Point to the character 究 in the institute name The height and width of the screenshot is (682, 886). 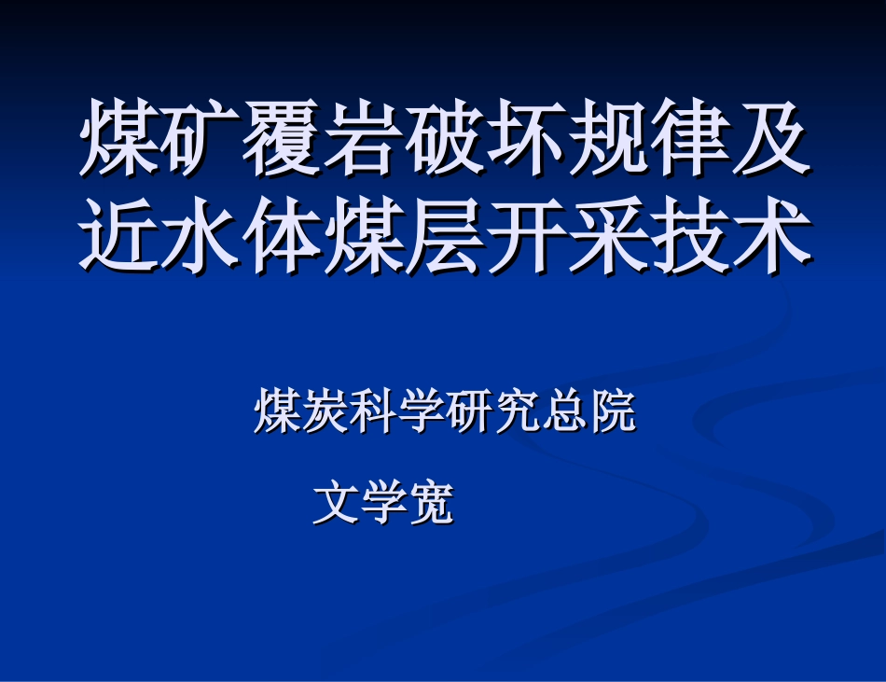pyautogui.click(x=516, y=411)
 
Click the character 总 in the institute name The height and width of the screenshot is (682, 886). pyautogui.click(x=564, y=411)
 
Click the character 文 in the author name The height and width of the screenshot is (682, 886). pyautogui.click(x=335, y=504)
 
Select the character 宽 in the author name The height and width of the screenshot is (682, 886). pyautogui.click(x=431, y=504)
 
